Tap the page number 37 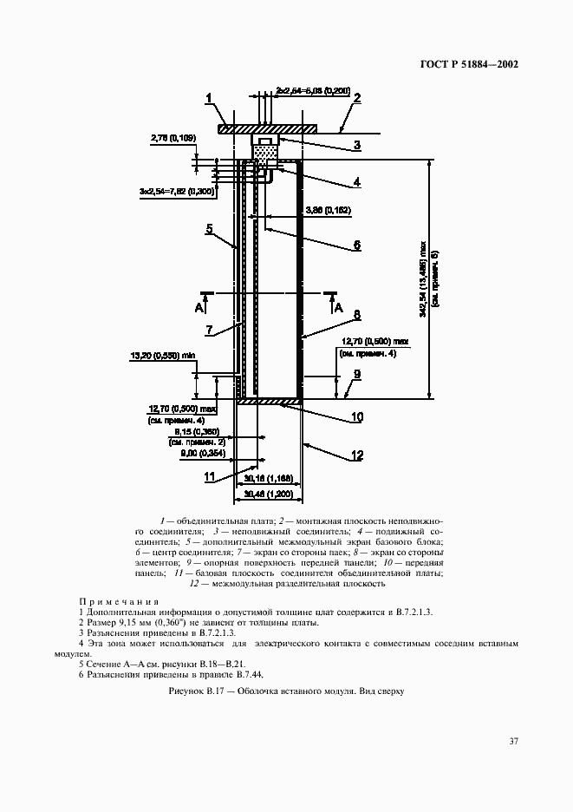tap(514, 741)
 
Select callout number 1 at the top tap(209, 99)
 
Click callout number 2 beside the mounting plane tap(356, 99)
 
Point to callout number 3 tap(355, 146)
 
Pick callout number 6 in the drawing tap(355, 245)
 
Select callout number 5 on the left tap(209, 229)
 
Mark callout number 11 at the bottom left tap(209, 476)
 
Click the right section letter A tap(339, 307)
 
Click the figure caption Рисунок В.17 tap(285, 691)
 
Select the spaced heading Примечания tap(119, 601)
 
